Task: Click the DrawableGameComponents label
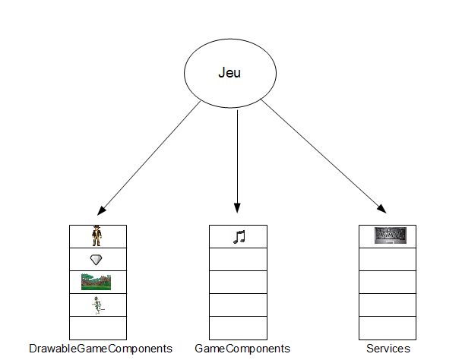tap(100, 349)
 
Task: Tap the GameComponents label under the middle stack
tap(242, 349)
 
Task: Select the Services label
tap(388, 349)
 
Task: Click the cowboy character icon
tap(97, 236)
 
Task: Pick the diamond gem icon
tap(97, 260)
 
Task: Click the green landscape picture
tap(97, 282)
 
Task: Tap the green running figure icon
tap(97, 305)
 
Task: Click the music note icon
tap(239, 237)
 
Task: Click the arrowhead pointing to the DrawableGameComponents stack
tap(102, 210)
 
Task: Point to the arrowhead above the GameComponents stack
tap(237, 209)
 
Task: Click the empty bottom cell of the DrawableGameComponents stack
tap(97, 327)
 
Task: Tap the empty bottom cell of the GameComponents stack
tap(237, 327)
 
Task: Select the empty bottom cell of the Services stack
tap(388, 327)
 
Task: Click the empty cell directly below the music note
tap(237, 260)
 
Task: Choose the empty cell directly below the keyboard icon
tap(388, 260)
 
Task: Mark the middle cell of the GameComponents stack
tap(237, 282)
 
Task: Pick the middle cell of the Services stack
tap(388, 282)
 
